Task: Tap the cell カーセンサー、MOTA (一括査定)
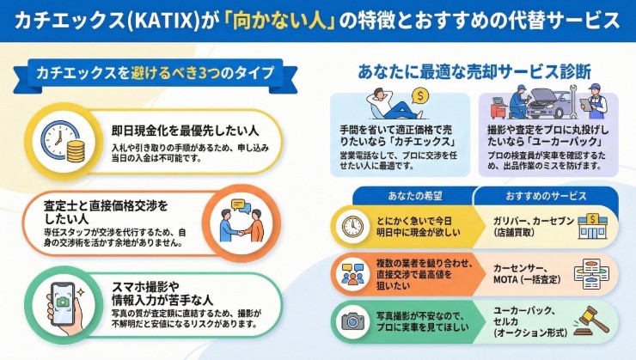click(x=521, y=272)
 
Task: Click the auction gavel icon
click(x=591, y=320)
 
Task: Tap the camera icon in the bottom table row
click(x=352, y=320)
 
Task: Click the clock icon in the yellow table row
click(x=352, y=226)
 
